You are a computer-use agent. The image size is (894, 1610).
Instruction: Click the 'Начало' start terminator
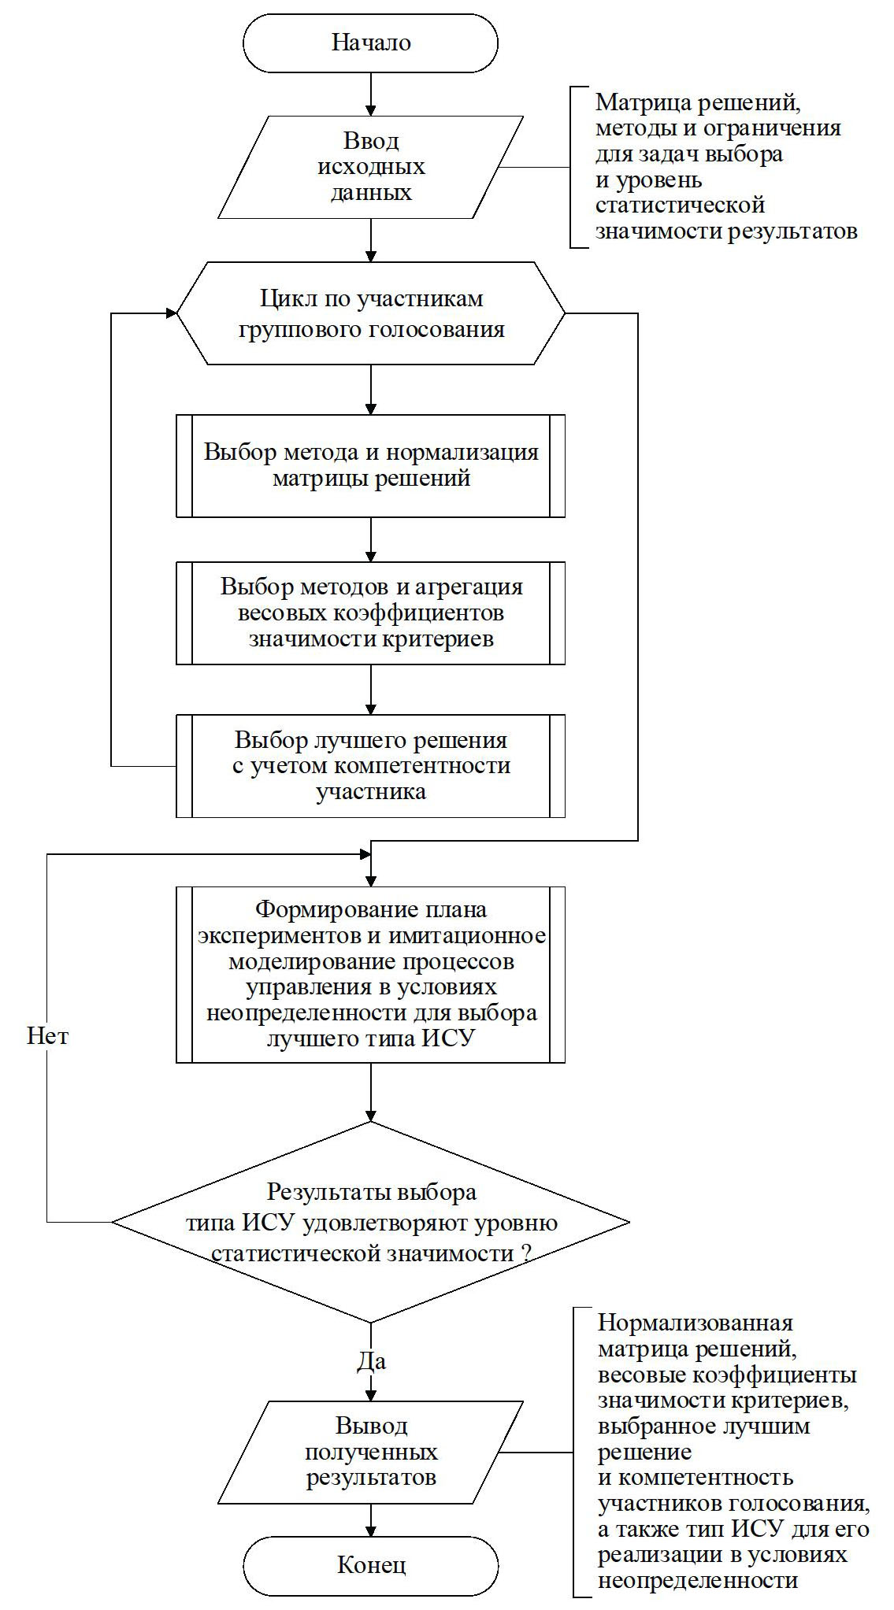point(370,43)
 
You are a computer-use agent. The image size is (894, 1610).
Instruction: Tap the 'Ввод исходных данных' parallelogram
point(370,167)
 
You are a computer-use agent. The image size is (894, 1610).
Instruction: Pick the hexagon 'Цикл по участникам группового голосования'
point(370,313)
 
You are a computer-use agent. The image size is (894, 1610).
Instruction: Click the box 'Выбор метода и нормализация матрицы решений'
point(370,465)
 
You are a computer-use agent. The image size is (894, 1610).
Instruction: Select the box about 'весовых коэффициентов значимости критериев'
point(370,613)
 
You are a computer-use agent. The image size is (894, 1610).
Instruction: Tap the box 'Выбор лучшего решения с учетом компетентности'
point(370,765)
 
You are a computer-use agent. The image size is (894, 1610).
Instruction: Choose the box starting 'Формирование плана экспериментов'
point(370,975)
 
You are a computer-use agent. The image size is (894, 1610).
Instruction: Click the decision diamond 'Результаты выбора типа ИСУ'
point(370,1223)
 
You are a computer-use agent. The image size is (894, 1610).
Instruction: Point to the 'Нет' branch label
point(47,1035)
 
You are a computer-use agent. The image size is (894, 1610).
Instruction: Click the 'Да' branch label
point(372,1361)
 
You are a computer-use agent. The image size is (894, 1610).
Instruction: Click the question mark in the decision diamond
point(526,1254)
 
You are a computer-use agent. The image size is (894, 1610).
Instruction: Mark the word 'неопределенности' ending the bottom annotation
point(698,1580)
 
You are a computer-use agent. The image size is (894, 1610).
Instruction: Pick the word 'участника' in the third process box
point(370,791)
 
